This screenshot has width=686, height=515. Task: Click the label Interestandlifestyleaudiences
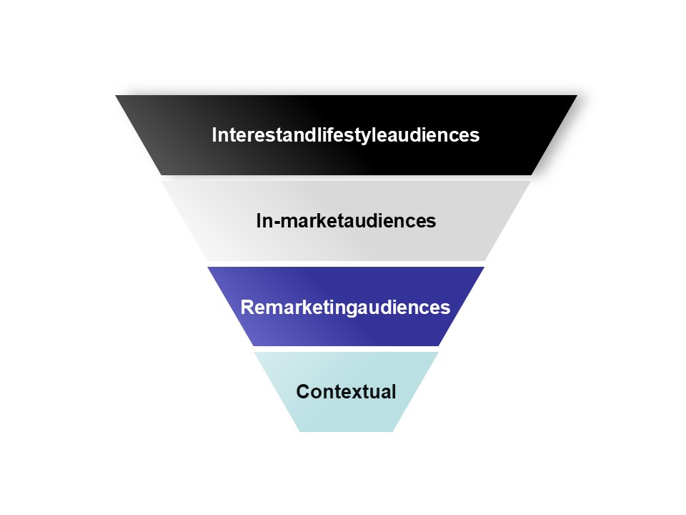click(x=346, y=134)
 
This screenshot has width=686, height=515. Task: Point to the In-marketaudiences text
click(x=346, y=221)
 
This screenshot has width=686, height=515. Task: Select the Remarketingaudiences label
click(x=346, y=308)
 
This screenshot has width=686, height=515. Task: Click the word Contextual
click(x=346, y=392)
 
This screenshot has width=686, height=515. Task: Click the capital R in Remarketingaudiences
click(x=247, y=308)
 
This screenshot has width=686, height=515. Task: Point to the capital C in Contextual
click(x=303, y=392)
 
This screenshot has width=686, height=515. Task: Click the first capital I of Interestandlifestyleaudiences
click(x=214, y=134)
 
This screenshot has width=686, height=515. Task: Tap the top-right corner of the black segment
click(x=576, y=96)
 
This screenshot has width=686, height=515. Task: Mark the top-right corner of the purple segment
click(x=484, y=268)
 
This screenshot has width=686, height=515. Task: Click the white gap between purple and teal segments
click(x=346, y=349)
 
